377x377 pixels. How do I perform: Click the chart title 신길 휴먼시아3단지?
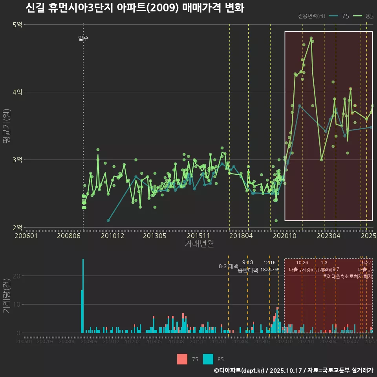point(135,8)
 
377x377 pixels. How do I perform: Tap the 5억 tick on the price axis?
point(18,25)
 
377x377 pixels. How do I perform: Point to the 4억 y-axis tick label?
point(18,92)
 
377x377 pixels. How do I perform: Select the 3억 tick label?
point(18,160)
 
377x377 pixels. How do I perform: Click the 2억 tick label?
point(18,227)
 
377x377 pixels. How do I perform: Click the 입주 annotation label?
point(83,38)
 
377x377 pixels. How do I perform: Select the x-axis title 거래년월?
point(199,243)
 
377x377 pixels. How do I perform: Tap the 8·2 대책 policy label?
point(229,266)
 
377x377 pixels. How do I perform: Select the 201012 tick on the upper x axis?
point(113,236)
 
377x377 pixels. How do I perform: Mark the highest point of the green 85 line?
point(311,38)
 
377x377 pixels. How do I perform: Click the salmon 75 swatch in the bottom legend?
point(182,359)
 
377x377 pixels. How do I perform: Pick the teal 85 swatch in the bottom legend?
point(208,359)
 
